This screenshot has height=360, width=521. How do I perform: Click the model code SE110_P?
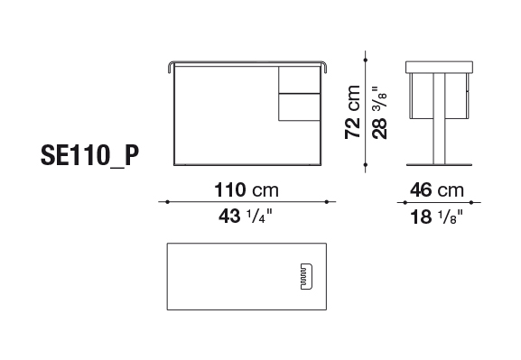pos(89,155)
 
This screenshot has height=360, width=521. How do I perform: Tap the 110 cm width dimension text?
pos(247,190)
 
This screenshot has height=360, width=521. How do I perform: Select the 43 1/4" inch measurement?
pos(246,216)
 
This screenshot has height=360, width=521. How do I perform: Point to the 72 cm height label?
pos(352,112)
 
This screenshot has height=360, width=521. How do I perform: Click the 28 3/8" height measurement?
pos(379,113)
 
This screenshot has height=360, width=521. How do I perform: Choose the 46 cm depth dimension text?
pos(437,190)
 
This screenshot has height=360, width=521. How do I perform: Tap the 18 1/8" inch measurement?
pos(437,217)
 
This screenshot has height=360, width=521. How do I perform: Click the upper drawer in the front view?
pos(299,79)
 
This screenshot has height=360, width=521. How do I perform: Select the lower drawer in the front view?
pos(299,107)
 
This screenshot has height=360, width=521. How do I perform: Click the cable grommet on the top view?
pos(306,277)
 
